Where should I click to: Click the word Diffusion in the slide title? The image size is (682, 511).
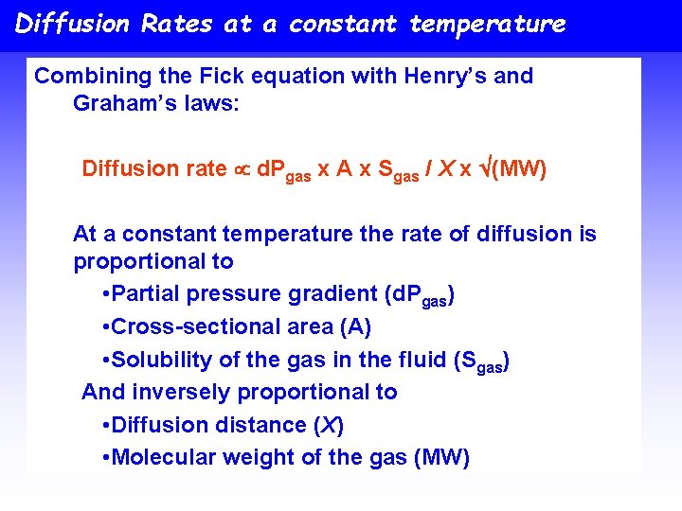coord(73,24)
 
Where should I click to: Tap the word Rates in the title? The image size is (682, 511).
coord(176,24)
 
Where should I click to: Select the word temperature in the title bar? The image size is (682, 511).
coord(487,24)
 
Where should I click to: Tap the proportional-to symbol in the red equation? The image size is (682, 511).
coord(242,169)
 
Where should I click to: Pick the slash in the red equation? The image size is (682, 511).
coord(430,169)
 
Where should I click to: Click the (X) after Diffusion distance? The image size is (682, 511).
coord(328,425)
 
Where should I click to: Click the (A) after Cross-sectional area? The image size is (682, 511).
coord(354,327)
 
